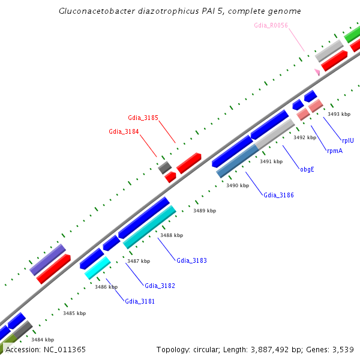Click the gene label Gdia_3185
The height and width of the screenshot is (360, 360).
(143, 118)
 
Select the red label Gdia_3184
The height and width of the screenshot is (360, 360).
(124, 131)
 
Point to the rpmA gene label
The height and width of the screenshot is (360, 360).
(335, 151)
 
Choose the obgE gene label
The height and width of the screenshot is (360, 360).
(307, 169)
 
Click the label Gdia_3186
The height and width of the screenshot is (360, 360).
(278, 195)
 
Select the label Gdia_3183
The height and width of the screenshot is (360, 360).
(191, 260)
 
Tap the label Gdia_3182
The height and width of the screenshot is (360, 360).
(160, 286)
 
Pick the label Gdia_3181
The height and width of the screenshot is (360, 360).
(140, 301)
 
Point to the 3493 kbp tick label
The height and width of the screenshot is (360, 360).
(338, 114)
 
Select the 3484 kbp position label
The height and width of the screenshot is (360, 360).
(42, 340)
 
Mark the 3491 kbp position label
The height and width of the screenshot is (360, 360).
(271, 162)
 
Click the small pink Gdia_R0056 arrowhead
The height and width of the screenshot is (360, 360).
(316, 72)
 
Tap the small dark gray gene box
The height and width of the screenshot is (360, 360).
(164, 167)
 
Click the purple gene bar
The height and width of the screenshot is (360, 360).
(47, 260)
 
